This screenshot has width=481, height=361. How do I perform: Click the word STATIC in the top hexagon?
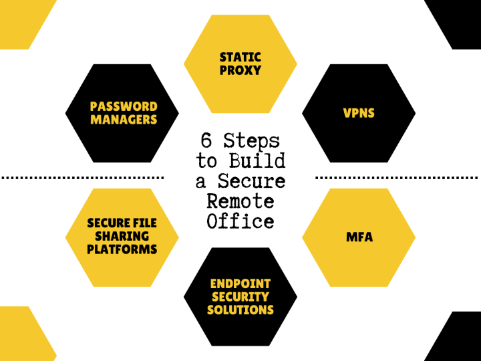click(x=240, y=57)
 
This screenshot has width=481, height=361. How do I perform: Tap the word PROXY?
click(x=240, y=70)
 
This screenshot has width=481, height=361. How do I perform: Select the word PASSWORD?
click(x=124, y=106)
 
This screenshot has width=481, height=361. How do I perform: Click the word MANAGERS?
click(x=124, y=120)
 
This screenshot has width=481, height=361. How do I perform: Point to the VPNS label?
click(x=359, y=113)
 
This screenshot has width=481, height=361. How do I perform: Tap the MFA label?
click(x=359, y=237)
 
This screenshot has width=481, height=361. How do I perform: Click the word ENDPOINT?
click(x=240, y=284)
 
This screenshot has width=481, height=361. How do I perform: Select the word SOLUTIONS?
click(x=240, y=310)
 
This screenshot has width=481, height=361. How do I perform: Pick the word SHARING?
click(x=122, y=236)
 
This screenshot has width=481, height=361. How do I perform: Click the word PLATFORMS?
click(x=122, y=249)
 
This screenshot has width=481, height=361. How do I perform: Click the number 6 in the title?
click(x=206, y=140)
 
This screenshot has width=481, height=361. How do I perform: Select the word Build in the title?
click(x=257, y=160)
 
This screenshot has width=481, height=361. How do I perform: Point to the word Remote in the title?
click(x=240, y=201)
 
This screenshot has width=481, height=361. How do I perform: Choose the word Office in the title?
click(x=240, y=221)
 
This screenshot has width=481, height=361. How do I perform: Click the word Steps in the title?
click(x=252, y=142)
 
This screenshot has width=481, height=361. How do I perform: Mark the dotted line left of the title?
click(x=83, y=178)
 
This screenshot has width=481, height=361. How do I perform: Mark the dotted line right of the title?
click(x=397, y=178)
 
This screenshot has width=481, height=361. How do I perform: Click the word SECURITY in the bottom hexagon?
click(x=240, y=297)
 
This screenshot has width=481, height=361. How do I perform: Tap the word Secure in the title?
click(x=252, y=180)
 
